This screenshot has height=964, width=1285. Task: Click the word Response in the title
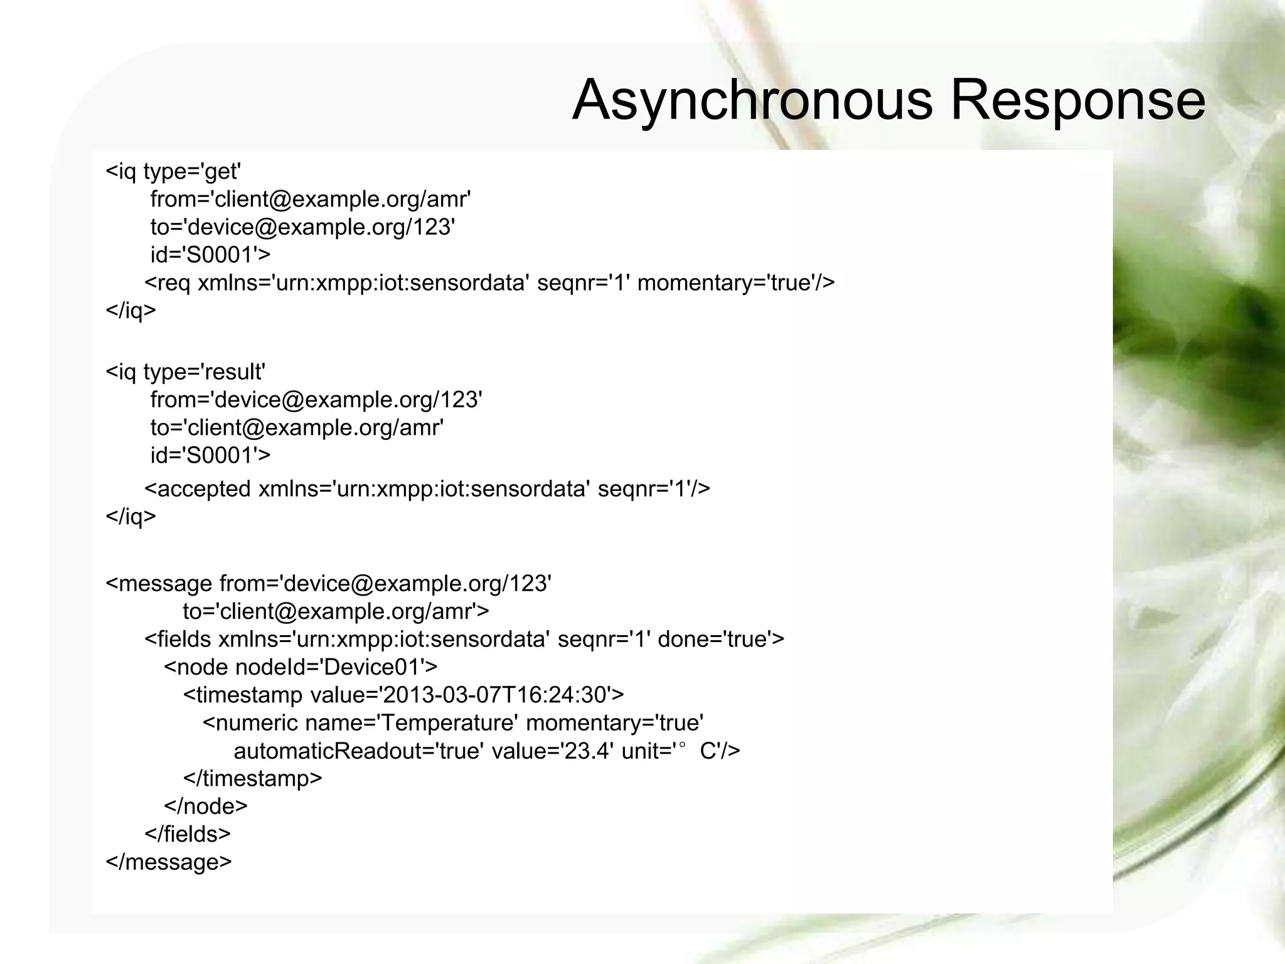pos(1077,100)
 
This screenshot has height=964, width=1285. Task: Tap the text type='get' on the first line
pos(193,171)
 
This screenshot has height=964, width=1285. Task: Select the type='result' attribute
pos(204,372)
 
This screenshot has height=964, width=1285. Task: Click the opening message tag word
pos(166,584)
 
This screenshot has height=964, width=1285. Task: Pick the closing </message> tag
pos(169,862)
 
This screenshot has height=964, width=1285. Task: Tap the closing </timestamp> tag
pos(252,778)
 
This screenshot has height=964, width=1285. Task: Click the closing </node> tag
pos(206,806)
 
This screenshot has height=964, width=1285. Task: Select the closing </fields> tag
pos(188,833)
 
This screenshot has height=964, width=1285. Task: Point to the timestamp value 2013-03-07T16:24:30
pos(494,695)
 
